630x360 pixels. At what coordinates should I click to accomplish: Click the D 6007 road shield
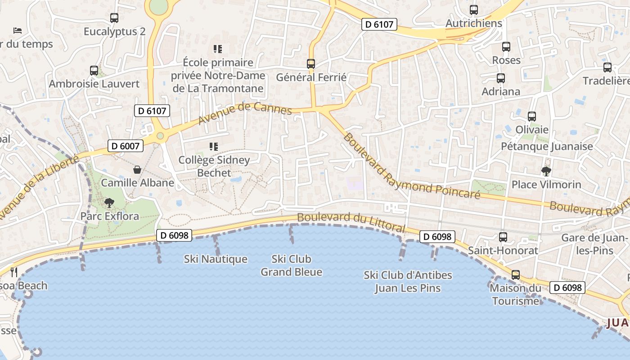click(x=126, y=146)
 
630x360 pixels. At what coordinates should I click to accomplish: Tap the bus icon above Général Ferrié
click(x=311, y=64)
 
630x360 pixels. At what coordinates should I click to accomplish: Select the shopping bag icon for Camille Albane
click(x=137, y=170)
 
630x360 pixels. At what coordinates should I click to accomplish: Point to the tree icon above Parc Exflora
click(x=109, y=203)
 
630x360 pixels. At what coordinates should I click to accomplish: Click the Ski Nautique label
click(x=216, y=259)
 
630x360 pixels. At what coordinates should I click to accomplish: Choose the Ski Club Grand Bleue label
click(x=292, y=265)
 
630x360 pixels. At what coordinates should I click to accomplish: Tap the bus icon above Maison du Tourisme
click(x=515, y=274)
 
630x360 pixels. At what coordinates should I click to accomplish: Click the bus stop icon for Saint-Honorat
click(x=503, y=237)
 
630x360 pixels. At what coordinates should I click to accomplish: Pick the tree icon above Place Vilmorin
click(x=546, y=171)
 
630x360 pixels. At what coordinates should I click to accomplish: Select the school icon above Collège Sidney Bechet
click(x=214, y=147)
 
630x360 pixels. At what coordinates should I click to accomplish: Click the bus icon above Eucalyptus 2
click(x=114, y=18)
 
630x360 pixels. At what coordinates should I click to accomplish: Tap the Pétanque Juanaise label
click(x=547, y=146)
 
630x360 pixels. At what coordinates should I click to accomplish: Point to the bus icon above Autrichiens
click(x=474, y=10)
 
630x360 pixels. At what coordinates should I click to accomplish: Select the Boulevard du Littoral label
click(x=351, y=222)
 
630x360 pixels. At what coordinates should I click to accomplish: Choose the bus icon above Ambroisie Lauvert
click(x=94, y=71)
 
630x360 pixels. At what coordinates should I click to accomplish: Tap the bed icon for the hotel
click(x=18, y=31)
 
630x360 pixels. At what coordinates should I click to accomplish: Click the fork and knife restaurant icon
click(x=14, y=272)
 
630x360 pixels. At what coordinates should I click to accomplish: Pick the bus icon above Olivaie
click(x=532, y=117)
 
